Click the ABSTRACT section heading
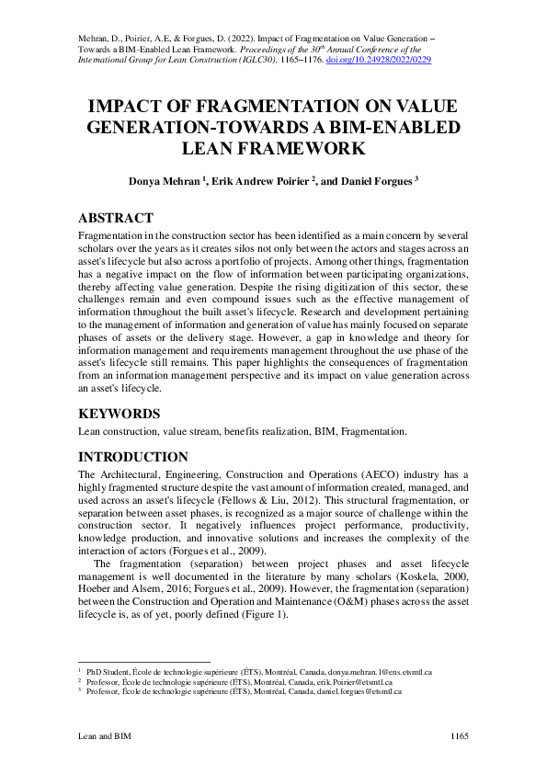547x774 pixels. click(115, 218)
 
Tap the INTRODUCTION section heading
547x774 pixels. click(133, 457)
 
